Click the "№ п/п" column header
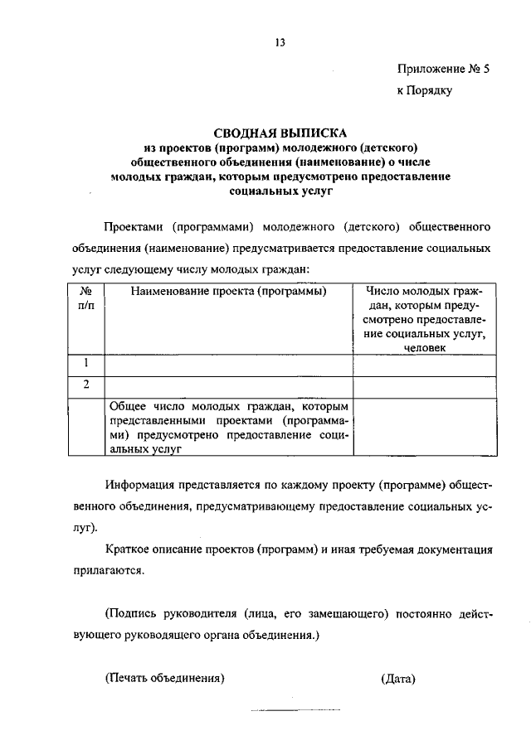85,298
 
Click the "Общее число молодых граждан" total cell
228,427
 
